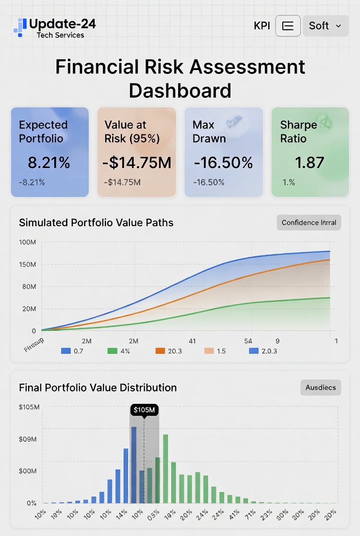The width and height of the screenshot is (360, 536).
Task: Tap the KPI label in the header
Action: (x=262, y=26)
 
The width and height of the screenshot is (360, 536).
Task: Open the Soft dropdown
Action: (x=325, y=26)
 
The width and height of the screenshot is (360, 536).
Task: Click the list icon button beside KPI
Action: (x=288, y=26)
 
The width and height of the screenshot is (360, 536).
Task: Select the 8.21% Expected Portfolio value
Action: (x=49, y=162)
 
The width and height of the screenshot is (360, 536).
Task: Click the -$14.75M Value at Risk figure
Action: (x=136, y=162)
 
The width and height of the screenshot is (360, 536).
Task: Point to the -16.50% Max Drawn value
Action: (x=223, y=162)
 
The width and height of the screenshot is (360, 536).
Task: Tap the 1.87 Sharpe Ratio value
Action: (x=309, y=162)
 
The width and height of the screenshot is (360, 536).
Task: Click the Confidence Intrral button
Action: (x=309, y=223)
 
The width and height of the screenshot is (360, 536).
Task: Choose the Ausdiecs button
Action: (x=321, y=387)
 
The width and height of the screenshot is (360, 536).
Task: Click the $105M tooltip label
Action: (x=144, y=410)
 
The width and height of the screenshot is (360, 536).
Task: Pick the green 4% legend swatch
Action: (x=112, y=351)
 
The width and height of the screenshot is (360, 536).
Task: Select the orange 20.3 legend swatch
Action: (x=160, y=351)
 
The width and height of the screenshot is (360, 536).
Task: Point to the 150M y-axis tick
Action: (x=27, y=264)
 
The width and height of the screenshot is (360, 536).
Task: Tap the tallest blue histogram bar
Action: (x=134, y=464)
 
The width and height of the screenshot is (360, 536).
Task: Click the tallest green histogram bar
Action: (x=166, y=468)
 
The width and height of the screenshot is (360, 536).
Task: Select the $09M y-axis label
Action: (x=28, y=439)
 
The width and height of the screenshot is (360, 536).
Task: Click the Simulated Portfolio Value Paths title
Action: (x=96, y=223)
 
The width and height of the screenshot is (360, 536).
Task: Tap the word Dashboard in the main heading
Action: (x=180, y=91)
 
